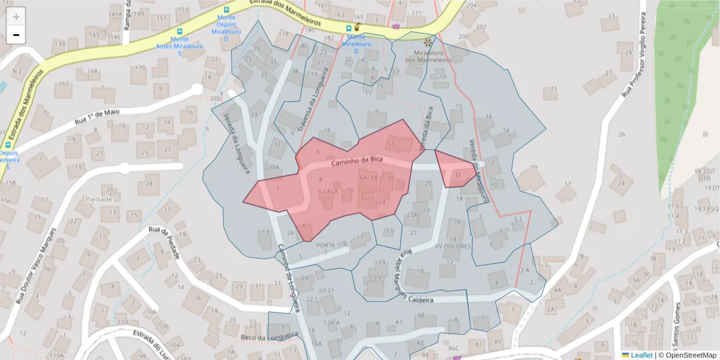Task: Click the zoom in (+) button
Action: pos(16,16)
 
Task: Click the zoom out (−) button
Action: pos(16,35)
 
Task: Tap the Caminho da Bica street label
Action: pos(356,160)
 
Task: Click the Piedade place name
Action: pos(99,199)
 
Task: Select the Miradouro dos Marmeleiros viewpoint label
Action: pos(428,56)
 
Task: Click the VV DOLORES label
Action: pos(453,246)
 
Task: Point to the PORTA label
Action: pos(325,245)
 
